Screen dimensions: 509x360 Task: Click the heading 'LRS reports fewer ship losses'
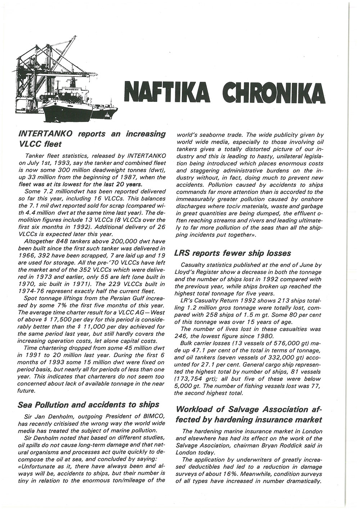click(x=233, y=253)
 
